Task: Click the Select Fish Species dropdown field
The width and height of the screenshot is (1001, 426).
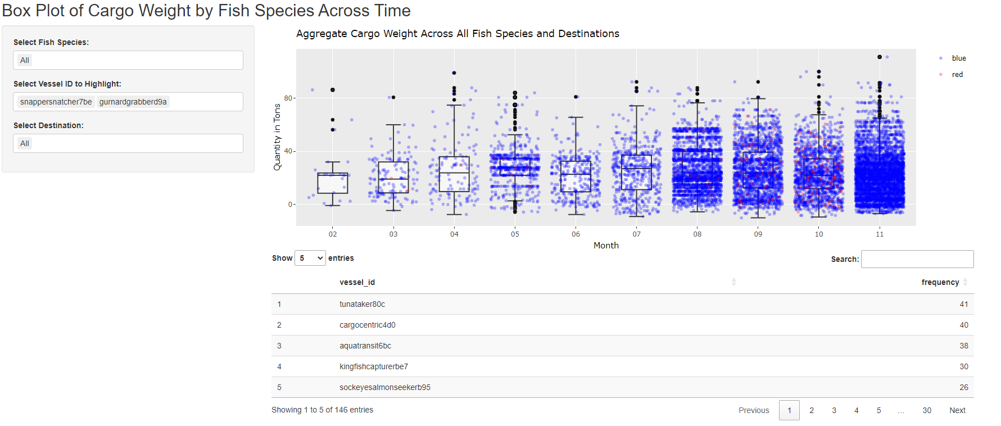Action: tap(128, 60)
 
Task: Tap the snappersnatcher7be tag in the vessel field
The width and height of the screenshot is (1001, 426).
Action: tap(56, 102)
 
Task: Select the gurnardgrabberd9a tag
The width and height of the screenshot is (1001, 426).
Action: tap(133, 102)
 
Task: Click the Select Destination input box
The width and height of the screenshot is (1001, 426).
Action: tap(128, 143)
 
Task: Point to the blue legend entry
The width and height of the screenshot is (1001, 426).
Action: tap(958, 58)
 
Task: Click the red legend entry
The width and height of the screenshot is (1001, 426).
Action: tap(957, 75)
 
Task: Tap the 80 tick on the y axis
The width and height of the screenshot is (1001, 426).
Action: tap(288, 98)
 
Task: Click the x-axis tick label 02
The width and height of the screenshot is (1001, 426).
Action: tap(333, 234)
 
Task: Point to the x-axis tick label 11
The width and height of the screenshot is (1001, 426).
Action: tap(880, 234)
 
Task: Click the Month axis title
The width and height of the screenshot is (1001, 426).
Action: tap(606, 246)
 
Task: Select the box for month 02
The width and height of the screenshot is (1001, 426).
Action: tap(333, 183)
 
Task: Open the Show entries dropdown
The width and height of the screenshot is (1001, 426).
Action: tap(310, 259)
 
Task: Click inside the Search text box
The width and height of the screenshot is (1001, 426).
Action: tap(917, 259)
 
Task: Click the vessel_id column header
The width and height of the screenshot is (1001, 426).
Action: tap(357, 282)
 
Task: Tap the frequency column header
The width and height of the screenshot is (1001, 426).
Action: tap(940, 282)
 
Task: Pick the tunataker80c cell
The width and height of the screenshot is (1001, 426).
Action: tap(362, 304)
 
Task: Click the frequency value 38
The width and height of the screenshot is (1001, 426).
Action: tap(963, 346)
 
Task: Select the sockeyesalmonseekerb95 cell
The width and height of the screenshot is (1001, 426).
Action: tap(384, 387)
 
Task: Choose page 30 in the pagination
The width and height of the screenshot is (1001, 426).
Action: tap(926, 410)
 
